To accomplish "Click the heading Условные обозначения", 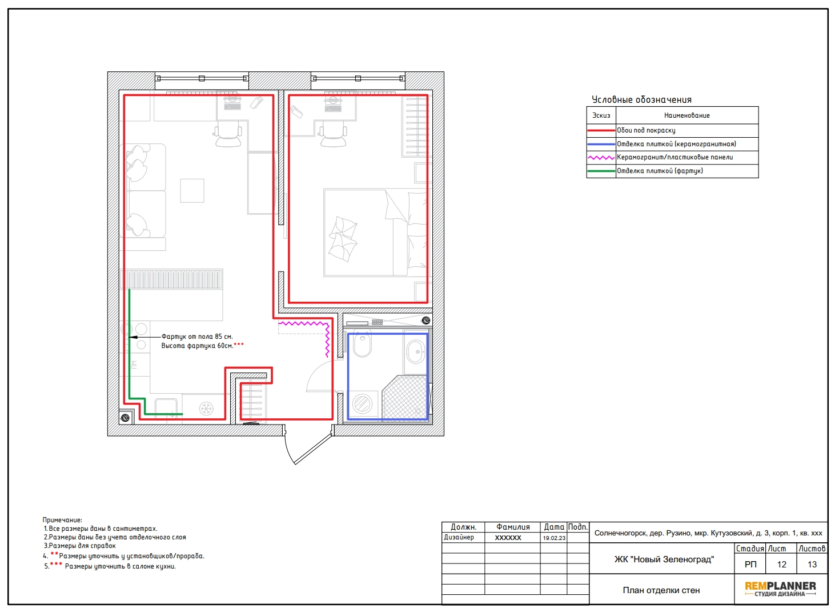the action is pos(641,99).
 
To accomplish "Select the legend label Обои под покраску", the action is pos(646,130).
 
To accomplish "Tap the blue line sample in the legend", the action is pos(601,144).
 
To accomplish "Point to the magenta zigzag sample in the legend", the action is pos(601,158).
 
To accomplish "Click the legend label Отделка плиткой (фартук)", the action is pos(660,171).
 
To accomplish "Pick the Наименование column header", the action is pos(687,115).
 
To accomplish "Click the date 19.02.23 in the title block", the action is pos(554,538).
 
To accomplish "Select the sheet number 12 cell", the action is pos(782,564).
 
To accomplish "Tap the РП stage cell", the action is pos(750,564).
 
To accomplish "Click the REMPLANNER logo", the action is pos(780,589).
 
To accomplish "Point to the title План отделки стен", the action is pos(661,590).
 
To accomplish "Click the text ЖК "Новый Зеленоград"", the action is pos(664,559).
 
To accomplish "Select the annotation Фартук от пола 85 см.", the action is pos(197,337).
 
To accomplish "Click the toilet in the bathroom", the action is pos(362,344).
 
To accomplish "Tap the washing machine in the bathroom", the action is pos(362,403).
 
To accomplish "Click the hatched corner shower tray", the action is pos(405,398).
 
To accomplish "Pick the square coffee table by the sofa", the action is pos(192,191).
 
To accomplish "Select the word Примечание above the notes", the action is pos(62,520).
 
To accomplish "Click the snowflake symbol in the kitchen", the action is pos(206,409).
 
